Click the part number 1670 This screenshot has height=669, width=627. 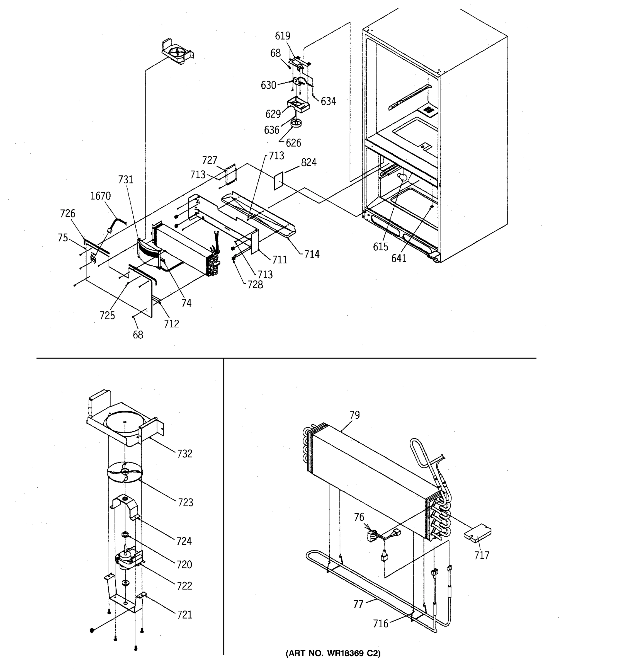pyautogui.click(x=100, y=196)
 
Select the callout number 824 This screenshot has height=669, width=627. pyautogui.click(x=308, y=163)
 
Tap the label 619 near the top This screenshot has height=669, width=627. pyautogui.click(x=283, y=36)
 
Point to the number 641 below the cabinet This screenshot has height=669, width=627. pyautogui.click(x=399, y=258)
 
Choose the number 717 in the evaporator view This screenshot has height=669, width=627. pyautogui.click(x=482, y=555)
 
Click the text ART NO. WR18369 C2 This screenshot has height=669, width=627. pyautogui.click(x=333, y=653)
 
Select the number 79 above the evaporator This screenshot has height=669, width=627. pyautogui.click(x=354, y=415)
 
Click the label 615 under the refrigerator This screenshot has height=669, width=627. pyautogui.click(x=380, y=247)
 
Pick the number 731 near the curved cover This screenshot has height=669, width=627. pyautogui.click(x=125, y=180)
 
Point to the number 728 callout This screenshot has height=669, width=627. pyautogui.click(x=255, y=285)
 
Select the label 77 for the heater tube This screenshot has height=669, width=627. pyautogui.click(x=358, y=604)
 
